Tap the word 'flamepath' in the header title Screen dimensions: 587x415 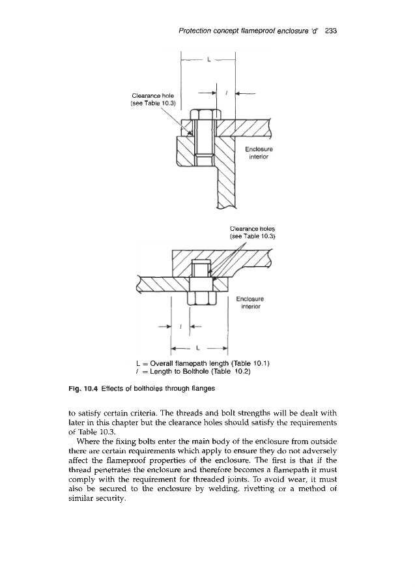click(246, 31)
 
